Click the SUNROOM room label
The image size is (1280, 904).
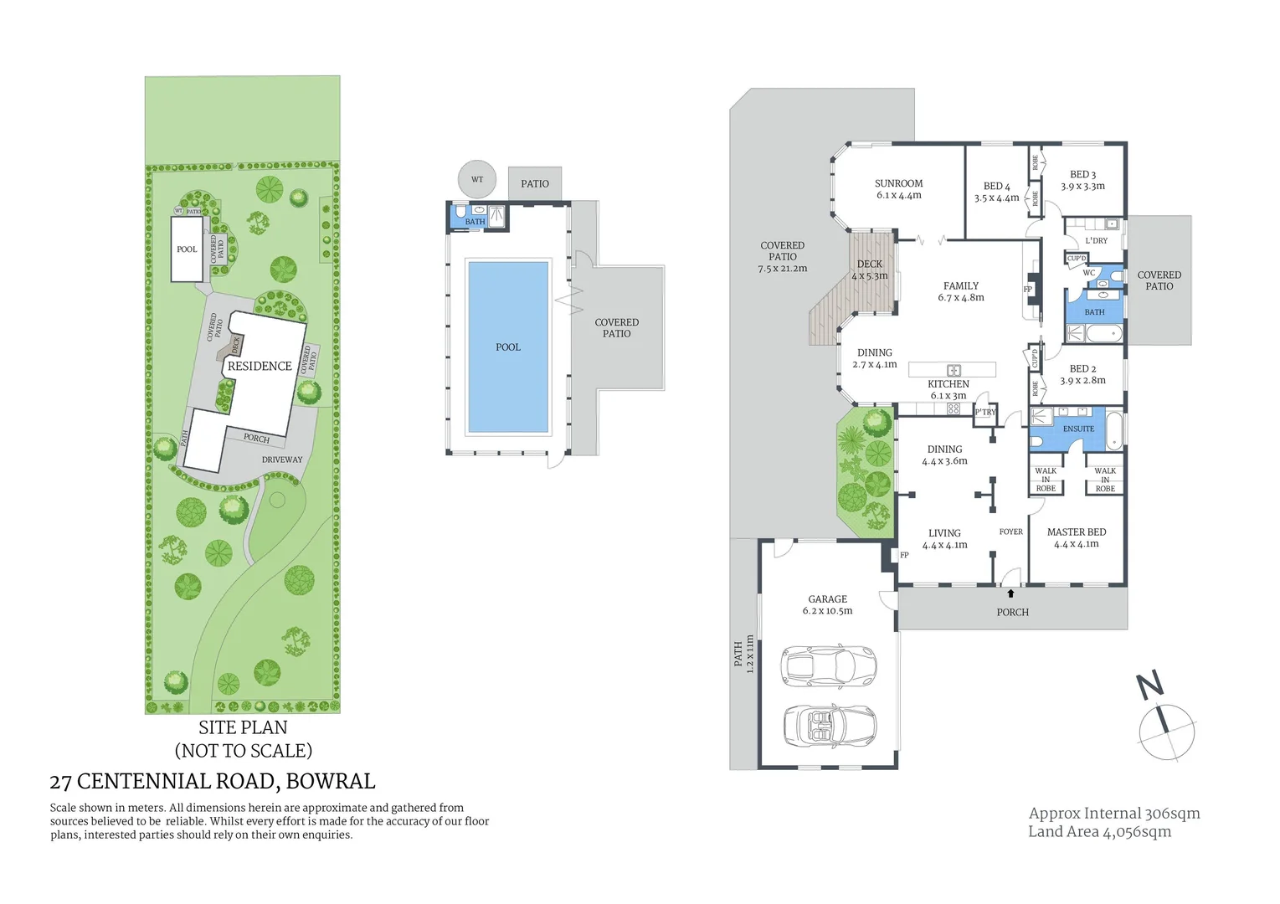(898, 183)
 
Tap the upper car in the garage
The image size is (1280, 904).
(828, 665)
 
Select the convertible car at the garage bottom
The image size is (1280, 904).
(829, 725)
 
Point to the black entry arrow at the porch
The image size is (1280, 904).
(1010, 593)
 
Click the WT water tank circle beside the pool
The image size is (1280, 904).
(477, 179)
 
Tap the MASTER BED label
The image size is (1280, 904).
(1077, 532)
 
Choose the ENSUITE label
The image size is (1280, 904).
(1078, 429)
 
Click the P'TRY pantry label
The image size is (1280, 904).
(985, 412)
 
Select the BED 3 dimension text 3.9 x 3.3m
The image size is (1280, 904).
(1082, 187)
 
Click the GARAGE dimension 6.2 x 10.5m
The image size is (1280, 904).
(827, 611)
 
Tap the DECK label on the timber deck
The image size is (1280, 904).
(869, 264)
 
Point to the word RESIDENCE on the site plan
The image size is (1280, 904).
(260, 367)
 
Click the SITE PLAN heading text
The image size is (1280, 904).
(243, 727)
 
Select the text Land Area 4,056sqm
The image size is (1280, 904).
(1099, 831)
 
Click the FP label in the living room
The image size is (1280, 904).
(904, 555)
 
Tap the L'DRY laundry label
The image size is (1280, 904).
(1096, 240)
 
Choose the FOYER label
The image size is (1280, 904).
(1010, 532)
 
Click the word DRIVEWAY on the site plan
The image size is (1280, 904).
(282, 460)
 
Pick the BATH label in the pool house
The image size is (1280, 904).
(475, 222)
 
